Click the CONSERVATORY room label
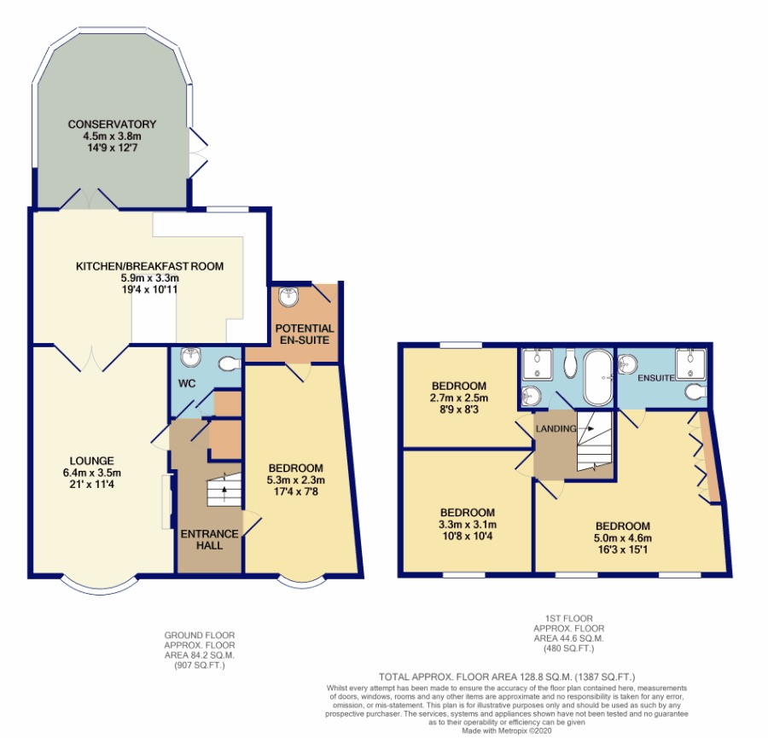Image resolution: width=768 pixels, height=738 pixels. (x=112, y=125)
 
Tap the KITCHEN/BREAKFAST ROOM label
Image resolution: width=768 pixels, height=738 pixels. (x=149, y=266)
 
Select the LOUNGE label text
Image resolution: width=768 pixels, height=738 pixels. (x=91, y=461)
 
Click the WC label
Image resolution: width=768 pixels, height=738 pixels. (x=187, y=383)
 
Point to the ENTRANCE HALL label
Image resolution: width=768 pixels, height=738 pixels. (x=210, y=540)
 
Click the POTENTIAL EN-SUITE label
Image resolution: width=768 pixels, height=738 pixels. (x=304, y=334)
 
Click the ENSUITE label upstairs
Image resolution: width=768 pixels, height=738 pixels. (x=656, y=378)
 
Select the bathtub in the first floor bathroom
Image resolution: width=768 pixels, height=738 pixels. (x=597, y=378)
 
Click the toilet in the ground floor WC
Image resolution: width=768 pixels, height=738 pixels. (x=230, y=363)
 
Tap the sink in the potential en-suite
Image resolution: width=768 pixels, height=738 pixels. (x=288, y=297)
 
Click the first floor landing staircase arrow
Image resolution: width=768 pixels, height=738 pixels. (x=587, y=428)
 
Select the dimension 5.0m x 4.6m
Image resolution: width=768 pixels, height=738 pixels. (x=623, y=538)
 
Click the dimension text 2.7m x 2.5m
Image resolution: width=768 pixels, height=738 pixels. (x=459, y=398)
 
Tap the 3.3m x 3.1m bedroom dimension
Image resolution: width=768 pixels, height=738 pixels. (x=468, y=525)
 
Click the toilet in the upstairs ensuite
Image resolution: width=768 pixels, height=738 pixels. (x=696, y=392)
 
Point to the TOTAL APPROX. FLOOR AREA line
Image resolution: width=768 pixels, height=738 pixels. (x=507, y=677)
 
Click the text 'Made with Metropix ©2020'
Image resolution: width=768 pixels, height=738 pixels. (x=507, y=730)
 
